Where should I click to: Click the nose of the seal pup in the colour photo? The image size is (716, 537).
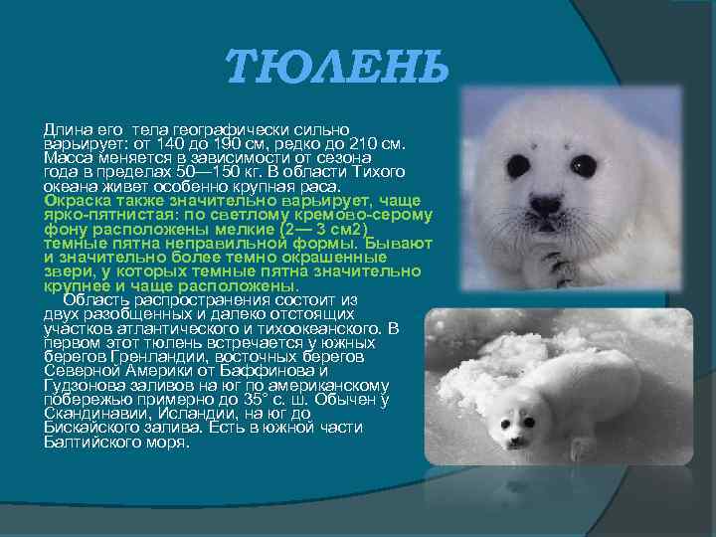click(x=545, y=205)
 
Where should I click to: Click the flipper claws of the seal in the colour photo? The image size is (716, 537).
click(x=557, y=264)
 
